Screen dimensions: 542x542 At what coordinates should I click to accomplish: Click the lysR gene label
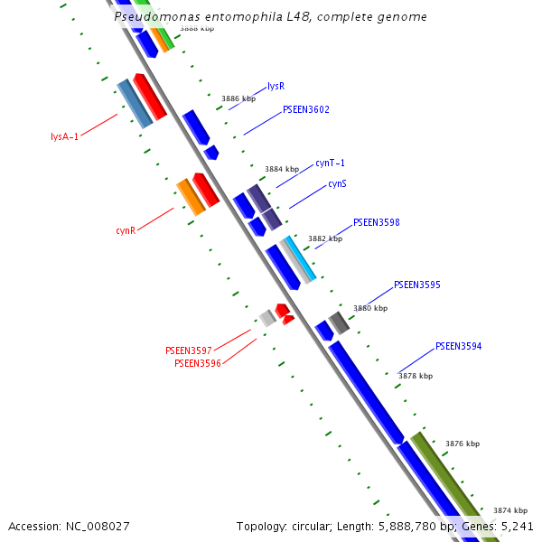276,87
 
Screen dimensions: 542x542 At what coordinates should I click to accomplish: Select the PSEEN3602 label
306,110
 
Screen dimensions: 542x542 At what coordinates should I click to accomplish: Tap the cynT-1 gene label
331,164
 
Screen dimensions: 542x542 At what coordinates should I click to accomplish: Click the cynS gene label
337,183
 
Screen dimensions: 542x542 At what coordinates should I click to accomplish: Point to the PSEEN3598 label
377,222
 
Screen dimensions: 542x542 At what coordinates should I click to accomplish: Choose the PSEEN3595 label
417,285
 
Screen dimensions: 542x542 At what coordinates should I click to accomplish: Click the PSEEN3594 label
459,347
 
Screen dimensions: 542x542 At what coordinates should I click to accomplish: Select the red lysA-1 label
65,137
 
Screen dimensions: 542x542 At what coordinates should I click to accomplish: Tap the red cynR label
126,230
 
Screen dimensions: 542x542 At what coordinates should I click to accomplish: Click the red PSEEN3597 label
189,350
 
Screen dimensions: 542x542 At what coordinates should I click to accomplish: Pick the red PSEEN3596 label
198,363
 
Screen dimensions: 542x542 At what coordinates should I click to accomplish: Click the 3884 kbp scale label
282,169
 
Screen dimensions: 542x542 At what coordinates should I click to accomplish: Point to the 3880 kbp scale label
369,308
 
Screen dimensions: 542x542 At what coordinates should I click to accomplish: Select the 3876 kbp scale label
463,444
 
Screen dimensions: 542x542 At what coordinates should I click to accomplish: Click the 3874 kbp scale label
509,510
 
